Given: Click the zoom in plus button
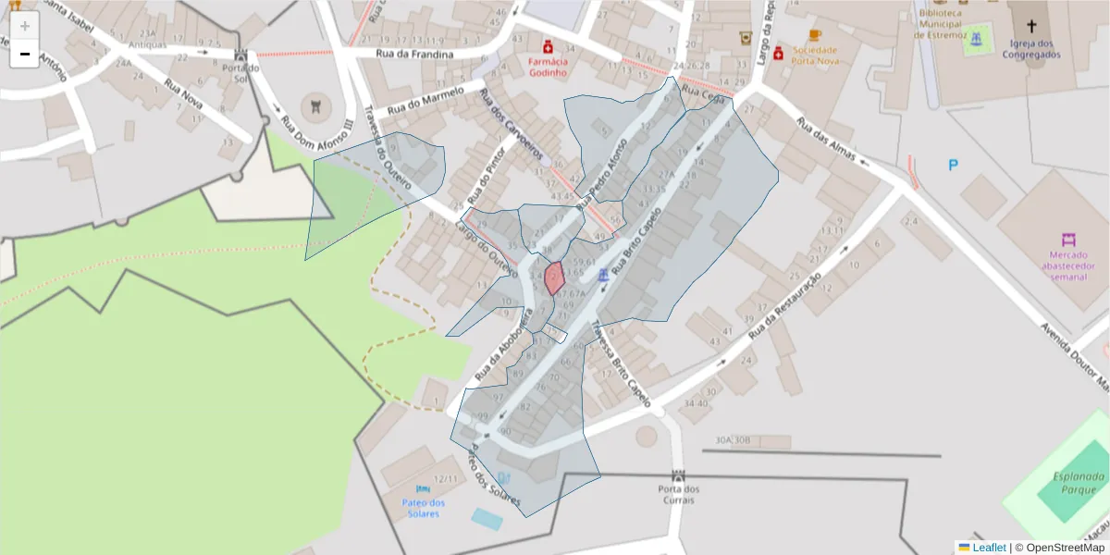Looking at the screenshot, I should [x=25, y=26].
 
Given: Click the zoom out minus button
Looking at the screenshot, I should [x=25, y=54].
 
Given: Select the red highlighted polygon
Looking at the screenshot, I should [x=554, y=277].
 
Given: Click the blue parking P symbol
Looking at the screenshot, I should [x=953, y=166].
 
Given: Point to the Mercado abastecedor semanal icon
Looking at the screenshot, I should [x=1069, y=240].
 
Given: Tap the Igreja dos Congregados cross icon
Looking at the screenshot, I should [x=1031, y=25].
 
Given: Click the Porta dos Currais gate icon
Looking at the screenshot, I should [x=679, y=475].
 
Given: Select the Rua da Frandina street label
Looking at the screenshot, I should [x=414, y=55].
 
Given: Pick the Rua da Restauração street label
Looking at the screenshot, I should [x=785, y=304].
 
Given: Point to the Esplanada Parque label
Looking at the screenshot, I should [x=1079, y=483].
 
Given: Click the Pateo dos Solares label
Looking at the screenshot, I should [x=424, y=508].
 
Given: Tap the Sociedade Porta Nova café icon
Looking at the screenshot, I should [x=815, y=35].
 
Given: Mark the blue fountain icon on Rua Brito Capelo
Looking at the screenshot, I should [x=604, y=275].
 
